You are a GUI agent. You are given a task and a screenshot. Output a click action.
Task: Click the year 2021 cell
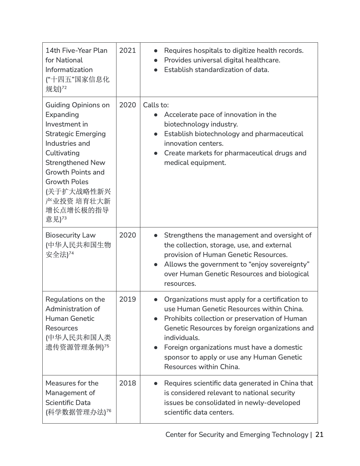127,51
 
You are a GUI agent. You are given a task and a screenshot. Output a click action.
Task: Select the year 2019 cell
127,299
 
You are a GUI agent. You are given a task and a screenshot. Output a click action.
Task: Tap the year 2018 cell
127,383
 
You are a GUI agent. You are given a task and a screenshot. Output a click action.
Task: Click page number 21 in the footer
319,435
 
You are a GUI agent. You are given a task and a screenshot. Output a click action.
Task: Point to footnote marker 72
64,88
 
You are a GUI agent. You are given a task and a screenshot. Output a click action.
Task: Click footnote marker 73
64,218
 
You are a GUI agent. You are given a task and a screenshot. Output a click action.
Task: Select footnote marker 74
71,253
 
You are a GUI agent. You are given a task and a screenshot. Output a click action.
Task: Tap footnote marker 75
107,345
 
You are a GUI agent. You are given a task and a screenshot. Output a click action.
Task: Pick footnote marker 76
109,411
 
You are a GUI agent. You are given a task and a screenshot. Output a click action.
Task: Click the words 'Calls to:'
156,105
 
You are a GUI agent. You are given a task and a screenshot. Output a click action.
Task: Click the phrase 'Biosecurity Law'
70,235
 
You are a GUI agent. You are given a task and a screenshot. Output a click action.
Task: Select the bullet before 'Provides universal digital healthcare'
156,60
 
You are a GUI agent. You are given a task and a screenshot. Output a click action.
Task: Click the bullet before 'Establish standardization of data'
156,70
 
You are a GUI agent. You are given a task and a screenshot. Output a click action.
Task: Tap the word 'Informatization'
69,70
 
